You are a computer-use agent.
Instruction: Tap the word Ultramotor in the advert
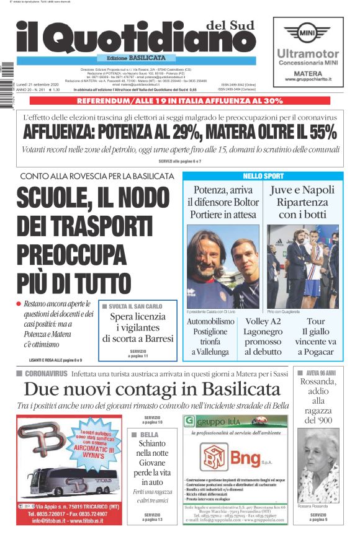click(308, 54)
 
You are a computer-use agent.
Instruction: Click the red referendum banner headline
click(180, 100)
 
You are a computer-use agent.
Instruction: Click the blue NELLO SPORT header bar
click(262, 176)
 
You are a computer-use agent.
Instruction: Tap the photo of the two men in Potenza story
click(223, 266)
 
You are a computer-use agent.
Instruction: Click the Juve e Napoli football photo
click(302, 266)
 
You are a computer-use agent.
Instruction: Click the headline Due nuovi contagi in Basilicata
click(152, 389)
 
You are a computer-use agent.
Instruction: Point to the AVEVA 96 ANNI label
click(320, 373)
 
